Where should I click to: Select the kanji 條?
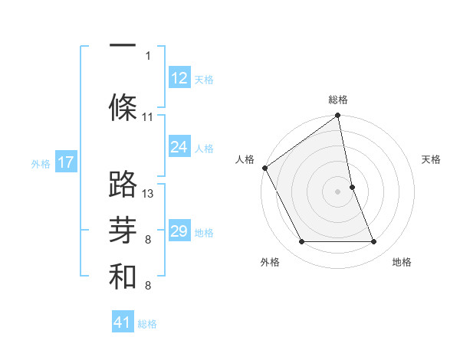(x=123, y=106)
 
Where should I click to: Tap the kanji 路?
(x=123, y=184)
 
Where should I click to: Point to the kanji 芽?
(x=123, y=230)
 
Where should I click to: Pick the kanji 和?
(x=123, y=277)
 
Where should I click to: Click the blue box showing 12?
(x=179, y=78)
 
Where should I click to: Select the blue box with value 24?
(x=179, y=147)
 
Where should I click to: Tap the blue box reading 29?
(x=179, y=231)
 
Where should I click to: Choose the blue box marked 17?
(x=66, y=162)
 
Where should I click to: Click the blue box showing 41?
(x=123, y=322)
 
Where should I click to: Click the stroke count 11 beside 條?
(x=148, y=117)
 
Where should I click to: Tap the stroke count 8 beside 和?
(x=148, y=286)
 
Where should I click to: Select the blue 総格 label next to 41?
(x=147, y=324)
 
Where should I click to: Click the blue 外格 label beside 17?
(x=41, y=163)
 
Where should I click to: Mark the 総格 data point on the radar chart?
(x=338, y=116)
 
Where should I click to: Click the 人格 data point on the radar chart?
(x=265, y=168)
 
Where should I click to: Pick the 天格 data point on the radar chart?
(x=352, y=187)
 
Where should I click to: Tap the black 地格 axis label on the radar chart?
(x=402, y=263)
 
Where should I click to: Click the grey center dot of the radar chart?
(x=338, y=191)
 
